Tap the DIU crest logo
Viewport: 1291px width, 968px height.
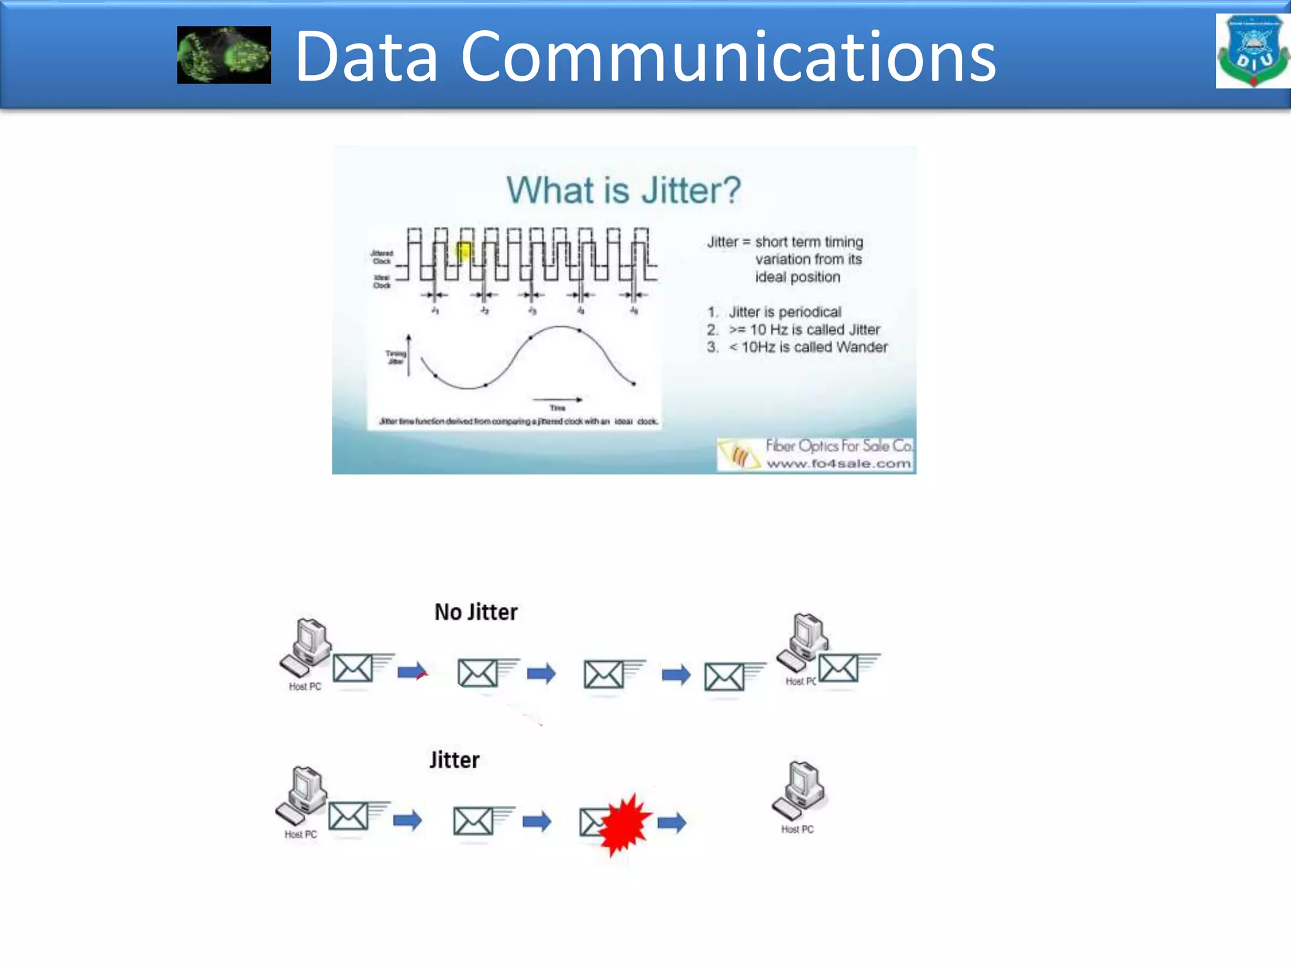click(x=1253, y=51)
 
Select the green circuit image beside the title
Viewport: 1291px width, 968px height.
click(x=224, y=55)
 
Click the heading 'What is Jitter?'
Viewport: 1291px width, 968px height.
click(x=623, y=190)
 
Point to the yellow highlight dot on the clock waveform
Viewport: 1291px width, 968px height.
click(x=464, y=251)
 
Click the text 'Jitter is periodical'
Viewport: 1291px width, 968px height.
click(x=785, y=312)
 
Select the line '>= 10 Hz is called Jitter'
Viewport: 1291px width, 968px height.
click(x=804, y=330)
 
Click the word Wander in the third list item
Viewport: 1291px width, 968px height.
click(x=862, y=347)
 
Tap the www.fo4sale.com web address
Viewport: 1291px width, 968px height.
click(x=838, y=464)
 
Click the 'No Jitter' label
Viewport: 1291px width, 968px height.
click(x=476, y=612)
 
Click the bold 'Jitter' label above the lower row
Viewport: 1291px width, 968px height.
click(x=454, y=760)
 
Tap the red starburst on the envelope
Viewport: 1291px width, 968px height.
click(x=623, y=823)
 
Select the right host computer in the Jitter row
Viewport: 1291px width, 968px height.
click(x=800, y=790)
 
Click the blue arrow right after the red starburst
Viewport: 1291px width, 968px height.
click(x=672, y=822)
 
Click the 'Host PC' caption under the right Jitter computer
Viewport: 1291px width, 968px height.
click(x=797, y=829)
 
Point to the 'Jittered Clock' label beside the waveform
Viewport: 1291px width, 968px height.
click(x=382, y=257)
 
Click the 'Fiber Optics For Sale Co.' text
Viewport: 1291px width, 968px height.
click(x=839, y=446)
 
